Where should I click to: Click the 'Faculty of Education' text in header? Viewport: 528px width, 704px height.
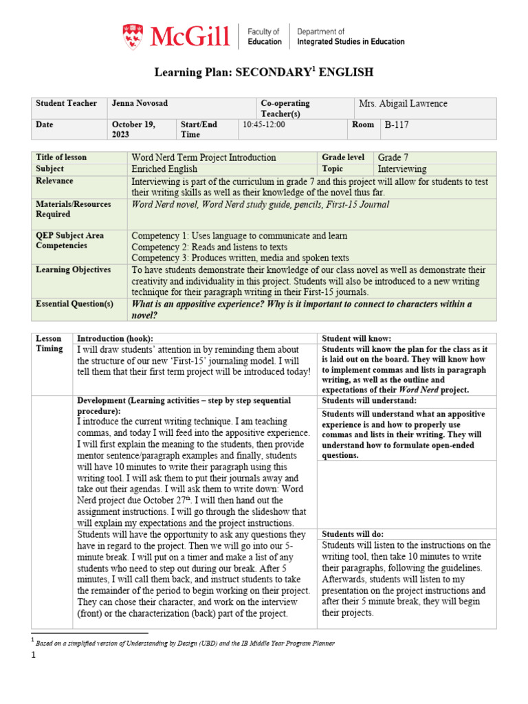(264, 36)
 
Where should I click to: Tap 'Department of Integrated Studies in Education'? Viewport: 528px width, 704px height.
(351, 36)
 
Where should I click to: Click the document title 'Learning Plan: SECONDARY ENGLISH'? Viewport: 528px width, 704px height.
(264, 72)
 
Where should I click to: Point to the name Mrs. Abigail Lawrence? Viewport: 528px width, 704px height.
(403, 104)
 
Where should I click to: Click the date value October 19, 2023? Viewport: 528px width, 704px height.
(134, 129)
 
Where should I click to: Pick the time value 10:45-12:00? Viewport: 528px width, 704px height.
(264, 124)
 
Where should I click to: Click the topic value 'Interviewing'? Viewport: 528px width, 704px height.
(402, 169)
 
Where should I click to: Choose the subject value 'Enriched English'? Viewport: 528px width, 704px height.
(164, 169)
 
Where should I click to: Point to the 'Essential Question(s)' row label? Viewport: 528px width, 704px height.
(74, 304)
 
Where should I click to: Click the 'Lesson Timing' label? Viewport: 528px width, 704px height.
(49, 344)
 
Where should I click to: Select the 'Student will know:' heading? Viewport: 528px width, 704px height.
(356, 339)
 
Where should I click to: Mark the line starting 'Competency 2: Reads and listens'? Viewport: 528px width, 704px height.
(209, 247)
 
